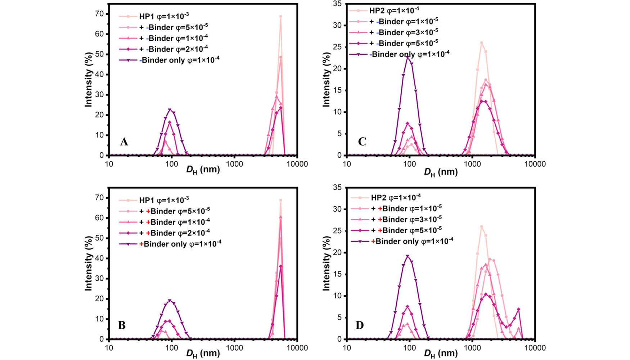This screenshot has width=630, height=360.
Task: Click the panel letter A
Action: coord(124,142)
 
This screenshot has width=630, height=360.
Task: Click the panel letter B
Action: coord(122,325)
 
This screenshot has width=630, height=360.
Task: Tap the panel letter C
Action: coord(362,141)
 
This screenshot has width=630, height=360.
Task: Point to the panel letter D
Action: coord(360,325)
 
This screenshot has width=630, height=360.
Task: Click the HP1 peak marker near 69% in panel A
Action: coord(281,17)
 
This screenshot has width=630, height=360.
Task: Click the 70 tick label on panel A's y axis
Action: coord(99,14)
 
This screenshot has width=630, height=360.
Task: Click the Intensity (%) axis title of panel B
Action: coord(89,263)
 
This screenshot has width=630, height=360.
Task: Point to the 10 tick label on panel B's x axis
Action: coord(109,348)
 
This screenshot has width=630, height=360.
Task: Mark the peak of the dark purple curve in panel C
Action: coord(408,57)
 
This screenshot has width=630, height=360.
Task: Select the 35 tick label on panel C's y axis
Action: coord(337,4)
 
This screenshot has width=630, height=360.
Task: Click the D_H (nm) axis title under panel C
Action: coord(441,172)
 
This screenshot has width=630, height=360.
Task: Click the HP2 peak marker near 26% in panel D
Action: coord(482,227)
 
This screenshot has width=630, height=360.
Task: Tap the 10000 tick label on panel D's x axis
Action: coord(535,348)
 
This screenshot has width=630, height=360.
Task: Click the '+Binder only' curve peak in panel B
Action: coord(170,301)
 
